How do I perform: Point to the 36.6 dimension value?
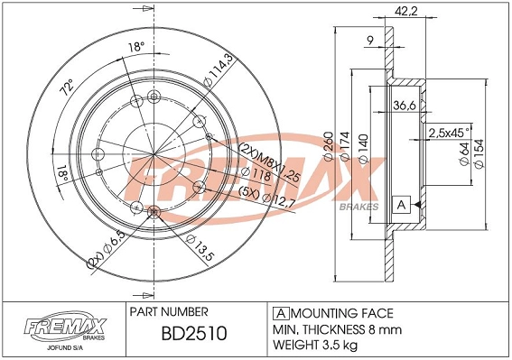pos(404,106)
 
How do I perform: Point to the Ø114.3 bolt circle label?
pos(213,71)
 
